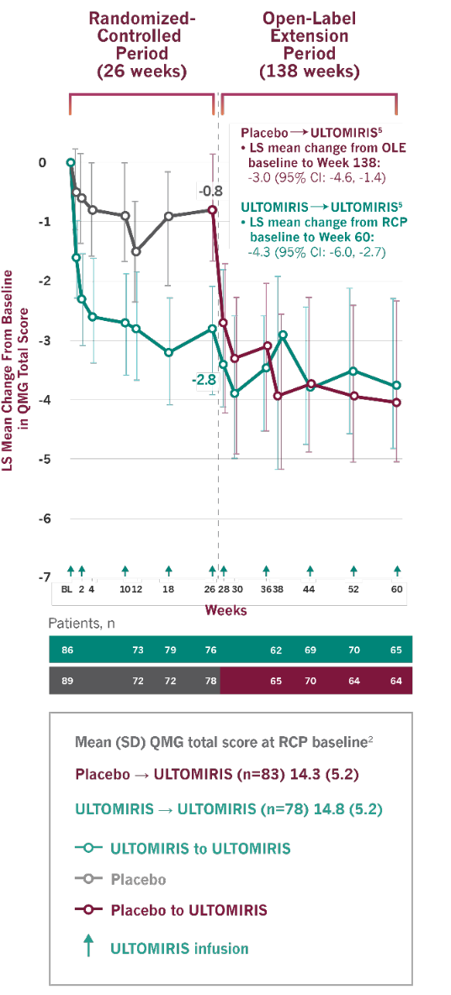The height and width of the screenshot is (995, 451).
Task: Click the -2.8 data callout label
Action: coord(206,380)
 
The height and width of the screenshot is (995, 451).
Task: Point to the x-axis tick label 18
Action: coord(168,590)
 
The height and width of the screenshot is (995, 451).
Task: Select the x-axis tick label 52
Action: coord(353,590)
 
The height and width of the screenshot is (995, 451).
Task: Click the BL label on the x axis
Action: coord(66,590)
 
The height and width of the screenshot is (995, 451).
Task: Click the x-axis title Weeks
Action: coord(226,610)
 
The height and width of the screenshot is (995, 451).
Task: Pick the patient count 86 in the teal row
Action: coord(67,650)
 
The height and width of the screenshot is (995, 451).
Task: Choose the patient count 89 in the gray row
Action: coord(67,680)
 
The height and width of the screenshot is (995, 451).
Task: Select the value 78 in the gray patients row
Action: coord(210,680)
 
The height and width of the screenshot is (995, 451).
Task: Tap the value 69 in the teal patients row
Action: coord(310,650)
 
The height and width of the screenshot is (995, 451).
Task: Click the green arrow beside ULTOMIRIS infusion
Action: coord(88,946)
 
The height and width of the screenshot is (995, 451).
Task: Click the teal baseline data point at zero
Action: coord(71,162)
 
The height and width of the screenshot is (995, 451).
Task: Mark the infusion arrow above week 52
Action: coord(353,571)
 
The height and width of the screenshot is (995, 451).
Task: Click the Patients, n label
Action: coord(82,624)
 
